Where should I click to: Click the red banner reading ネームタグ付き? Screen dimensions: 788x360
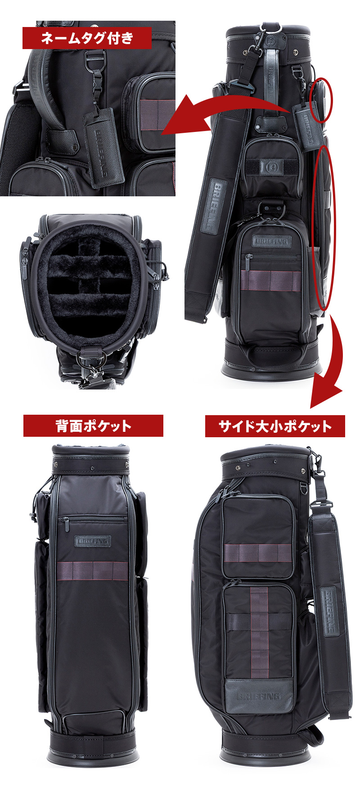point(87,38)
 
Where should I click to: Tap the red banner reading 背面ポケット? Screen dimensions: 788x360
point(93,426)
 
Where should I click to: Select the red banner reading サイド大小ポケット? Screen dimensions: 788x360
point(275,426)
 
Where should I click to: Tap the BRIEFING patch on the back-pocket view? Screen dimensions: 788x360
point(91,540)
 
